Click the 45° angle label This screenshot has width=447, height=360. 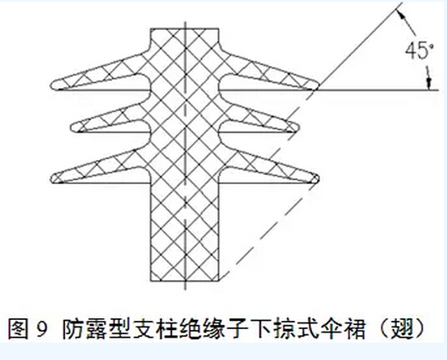coord(419,51)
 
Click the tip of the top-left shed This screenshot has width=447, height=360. coord(52,86)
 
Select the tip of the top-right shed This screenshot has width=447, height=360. coord(318,85)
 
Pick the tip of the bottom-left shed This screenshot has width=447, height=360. coord(52,178)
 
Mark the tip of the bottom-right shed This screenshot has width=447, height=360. coord(318,178)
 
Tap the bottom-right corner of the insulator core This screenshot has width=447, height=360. coord(218,281)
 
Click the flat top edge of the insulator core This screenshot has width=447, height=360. coord(185,28)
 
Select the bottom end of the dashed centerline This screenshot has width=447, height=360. coord(185,289)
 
